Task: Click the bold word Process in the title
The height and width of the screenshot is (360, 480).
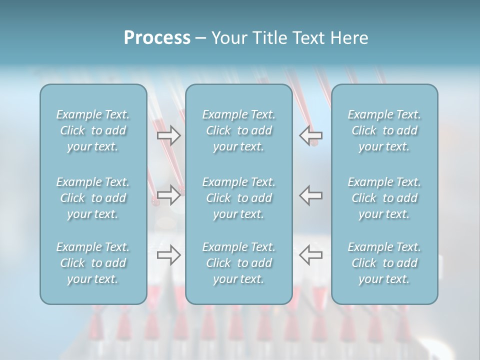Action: pyautogui.click(x=157, y=38)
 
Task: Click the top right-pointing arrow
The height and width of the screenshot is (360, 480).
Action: pyautogui.click(x=169, y=135)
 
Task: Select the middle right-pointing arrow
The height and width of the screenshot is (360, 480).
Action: pyautogui.click(x=169, y=195)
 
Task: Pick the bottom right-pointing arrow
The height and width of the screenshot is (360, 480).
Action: pyautogui.click(x=169, y=255)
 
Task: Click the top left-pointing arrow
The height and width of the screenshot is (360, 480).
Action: pyautogui.click(x=311, y=135)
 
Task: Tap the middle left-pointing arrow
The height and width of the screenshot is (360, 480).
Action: pyautogui.click(x=311, y=195)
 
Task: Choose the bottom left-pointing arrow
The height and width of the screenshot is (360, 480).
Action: pyautogui.click(x=311, y=255)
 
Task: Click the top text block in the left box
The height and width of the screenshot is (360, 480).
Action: pyautogui.click(x=93, y=130)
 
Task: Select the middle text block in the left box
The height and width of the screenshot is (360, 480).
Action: pyautogui.click(x=93, y=198)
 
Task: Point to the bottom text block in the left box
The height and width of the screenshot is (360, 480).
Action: pyautogui.click(x=93, y=263)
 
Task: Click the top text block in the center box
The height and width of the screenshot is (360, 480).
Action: pyautogui.click(x=239, y=130)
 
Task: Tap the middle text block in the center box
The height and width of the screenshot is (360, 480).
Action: pyautogui.click(x=239, y=198)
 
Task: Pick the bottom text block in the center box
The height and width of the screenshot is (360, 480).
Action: pyautogui.click(x=239, y=263)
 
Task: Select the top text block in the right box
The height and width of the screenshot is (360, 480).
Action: pyautogui.click(x=384, y=130)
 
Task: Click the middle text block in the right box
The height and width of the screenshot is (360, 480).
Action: pyautogui.click(x=384, y=198)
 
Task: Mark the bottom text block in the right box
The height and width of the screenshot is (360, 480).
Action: pyautogui.click(x=384, y=263)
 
